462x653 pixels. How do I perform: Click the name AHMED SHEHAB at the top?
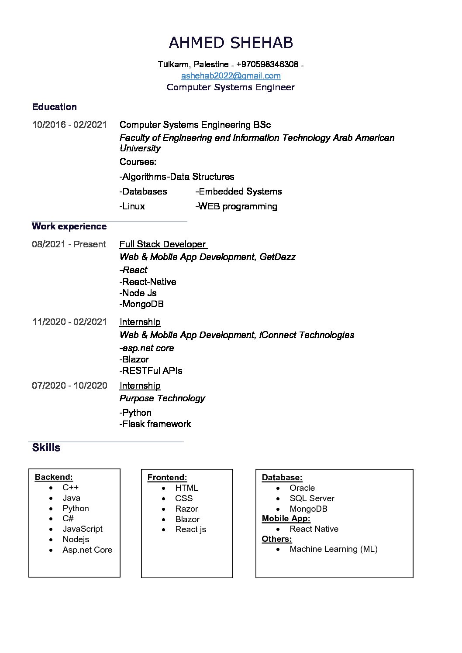tap(231, 43)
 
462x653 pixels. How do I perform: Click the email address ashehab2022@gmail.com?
tap(231, 76)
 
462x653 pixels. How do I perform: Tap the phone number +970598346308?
tap(267, 65)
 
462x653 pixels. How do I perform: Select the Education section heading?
tap(55, 107)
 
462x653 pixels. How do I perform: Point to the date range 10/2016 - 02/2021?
tap(69, 125)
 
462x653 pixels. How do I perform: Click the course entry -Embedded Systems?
tap(238, 191)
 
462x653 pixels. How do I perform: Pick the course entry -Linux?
tap(132, 206)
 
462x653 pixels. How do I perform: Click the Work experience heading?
tap(69, 226)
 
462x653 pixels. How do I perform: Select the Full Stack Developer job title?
tap(162, 244)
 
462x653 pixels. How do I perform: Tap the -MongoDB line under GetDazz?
tap(141, 304)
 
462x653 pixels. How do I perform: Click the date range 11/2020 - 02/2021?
tap(69, 322)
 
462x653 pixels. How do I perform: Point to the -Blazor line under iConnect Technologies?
tap(134, 359)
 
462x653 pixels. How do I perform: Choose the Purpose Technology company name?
tap(162, 398)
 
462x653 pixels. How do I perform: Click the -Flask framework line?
tap(155, 424)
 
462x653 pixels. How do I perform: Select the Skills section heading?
tap(46, 448)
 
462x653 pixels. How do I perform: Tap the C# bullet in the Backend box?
tap(68, 518)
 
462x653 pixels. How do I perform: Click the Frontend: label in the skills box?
tap(167, 478)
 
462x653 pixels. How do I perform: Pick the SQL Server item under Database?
tap(312, 498)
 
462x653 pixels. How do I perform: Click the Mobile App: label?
tap(286, 519)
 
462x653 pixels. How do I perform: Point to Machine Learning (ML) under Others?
tap(333, 549)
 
